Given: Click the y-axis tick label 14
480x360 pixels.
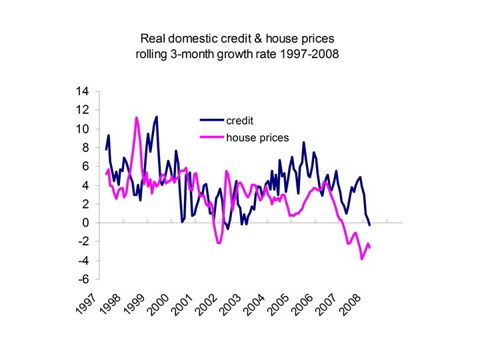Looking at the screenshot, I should (85, 91).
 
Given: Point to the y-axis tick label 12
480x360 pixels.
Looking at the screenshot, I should (85, 109).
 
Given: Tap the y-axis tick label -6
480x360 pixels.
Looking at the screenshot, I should (87, 279).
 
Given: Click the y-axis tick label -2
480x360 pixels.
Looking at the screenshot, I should (87, 241).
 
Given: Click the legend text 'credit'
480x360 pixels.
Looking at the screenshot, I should (240, 121).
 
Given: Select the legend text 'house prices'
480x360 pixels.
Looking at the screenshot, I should (257, 137).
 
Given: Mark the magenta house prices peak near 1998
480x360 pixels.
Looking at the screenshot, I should (137, 117).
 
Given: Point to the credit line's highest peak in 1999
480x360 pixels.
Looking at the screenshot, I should (157, 117).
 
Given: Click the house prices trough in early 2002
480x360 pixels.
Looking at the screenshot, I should (219, 243).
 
